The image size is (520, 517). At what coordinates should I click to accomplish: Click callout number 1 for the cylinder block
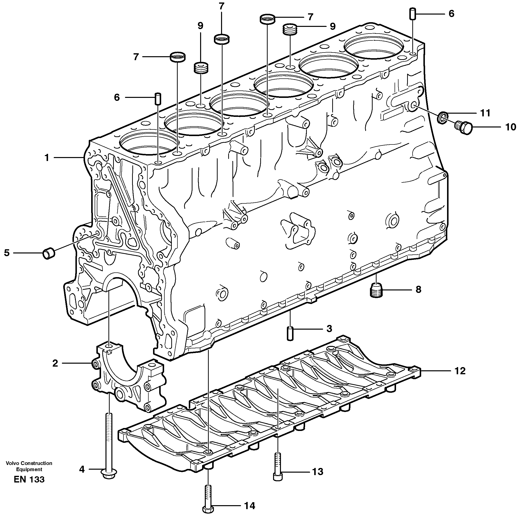point(47,158)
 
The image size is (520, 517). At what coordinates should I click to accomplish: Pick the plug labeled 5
point(49,253)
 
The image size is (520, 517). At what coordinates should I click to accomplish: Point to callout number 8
point(418,290)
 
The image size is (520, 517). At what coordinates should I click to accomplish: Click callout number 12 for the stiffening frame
point(460,371)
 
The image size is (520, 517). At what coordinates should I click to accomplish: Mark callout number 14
point(249,506)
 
